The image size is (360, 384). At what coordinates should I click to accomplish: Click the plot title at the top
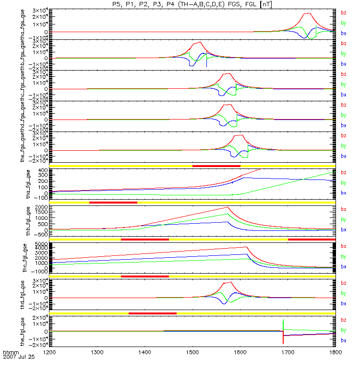192,4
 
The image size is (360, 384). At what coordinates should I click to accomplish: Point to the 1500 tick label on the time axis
192,352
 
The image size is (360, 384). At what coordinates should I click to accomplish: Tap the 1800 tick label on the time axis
335,352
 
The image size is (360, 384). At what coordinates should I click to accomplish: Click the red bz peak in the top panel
308,13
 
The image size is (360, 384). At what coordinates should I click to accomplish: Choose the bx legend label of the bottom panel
343,340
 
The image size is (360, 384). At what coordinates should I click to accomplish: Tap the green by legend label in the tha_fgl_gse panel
343,183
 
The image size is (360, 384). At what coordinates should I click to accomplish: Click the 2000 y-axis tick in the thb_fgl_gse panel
41,208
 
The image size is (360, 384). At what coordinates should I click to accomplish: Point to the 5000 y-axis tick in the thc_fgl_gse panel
41,244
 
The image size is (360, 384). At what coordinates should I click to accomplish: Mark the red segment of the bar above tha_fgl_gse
216,166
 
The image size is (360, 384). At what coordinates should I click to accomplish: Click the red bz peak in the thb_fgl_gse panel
228,207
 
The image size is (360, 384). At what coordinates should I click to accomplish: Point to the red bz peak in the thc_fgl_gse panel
246,247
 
